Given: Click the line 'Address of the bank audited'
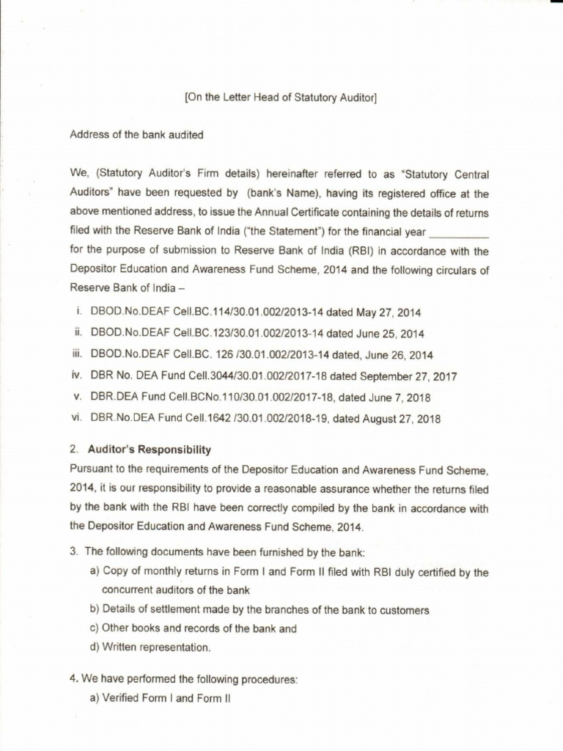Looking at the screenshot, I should (x=136, y=135).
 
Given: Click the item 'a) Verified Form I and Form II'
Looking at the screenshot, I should (x=160, y=699).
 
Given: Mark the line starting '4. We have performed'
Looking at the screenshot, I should (x=183, y=680).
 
